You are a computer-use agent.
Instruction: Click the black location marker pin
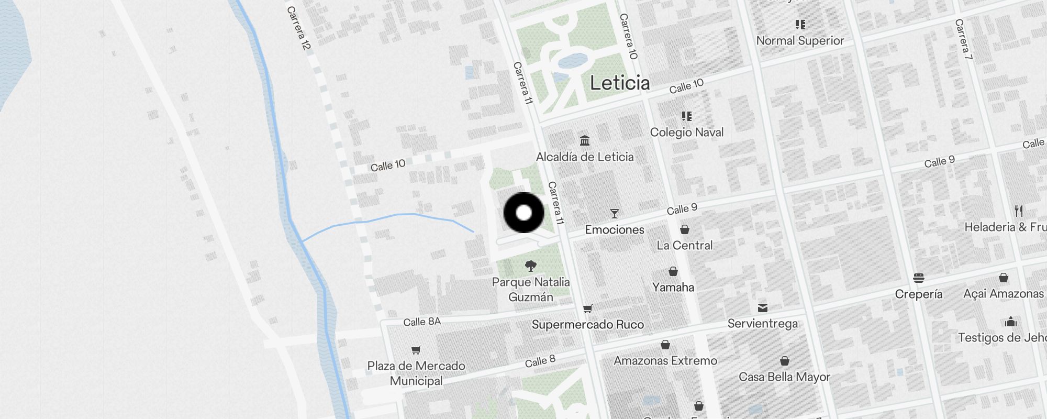523,213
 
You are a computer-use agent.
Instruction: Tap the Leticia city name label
620,83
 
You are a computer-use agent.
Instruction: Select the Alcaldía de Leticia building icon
585,140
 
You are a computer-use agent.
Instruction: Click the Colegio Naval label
686,132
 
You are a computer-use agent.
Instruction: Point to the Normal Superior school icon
800,24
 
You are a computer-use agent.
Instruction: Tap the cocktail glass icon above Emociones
615,213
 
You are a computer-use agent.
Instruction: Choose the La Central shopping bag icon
684,229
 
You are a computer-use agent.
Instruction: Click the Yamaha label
673,287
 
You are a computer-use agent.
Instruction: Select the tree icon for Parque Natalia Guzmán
530,266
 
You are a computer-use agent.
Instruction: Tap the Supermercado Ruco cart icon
588,308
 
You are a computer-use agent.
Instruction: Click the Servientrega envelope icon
763,307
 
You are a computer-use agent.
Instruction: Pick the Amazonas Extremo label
665,360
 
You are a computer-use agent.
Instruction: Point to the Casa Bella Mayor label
784,377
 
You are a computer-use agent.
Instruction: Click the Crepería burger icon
918,278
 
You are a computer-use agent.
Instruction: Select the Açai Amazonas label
1004,294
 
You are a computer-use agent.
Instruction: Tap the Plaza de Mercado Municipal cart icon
416,350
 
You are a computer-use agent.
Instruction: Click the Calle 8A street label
422,322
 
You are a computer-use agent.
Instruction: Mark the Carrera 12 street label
299,28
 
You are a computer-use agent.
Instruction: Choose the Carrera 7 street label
963,39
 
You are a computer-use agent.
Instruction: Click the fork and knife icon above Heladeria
1018,211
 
